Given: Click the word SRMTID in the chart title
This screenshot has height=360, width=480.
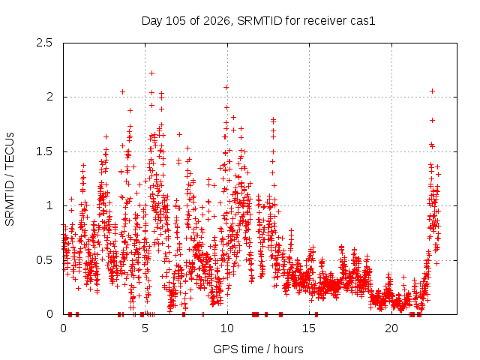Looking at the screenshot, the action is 259,21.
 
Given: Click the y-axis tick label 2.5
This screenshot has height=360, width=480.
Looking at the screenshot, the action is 44,43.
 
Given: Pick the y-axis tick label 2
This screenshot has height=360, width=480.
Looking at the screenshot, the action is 49,97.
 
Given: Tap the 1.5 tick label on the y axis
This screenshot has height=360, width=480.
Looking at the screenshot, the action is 44,151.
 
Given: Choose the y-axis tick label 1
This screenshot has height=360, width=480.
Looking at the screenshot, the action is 49,205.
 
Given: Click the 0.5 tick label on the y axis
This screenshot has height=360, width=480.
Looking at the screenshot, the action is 44,260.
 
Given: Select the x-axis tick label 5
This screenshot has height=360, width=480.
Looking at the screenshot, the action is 145,328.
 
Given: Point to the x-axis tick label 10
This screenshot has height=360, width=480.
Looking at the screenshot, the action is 227,328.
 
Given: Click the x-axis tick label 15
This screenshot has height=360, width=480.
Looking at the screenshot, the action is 309,328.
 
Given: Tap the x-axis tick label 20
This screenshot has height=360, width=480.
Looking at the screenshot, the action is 391,328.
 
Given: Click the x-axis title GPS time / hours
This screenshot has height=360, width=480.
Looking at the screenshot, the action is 258,349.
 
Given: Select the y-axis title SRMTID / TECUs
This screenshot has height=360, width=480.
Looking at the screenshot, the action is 10,179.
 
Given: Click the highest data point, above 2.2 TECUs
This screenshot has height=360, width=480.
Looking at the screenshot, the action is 151,73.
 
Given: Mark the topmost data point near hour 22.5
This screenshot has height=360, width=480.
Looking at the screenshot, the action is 432,91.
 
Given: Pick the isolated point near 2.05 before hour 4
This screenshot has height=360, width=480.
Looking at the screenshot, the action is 122,91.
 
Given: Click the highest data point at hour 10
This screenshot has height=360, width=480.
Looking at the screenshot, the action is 226,88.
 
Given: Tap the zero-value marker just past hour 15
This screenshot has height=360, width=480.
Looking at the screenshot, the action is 316,314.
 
